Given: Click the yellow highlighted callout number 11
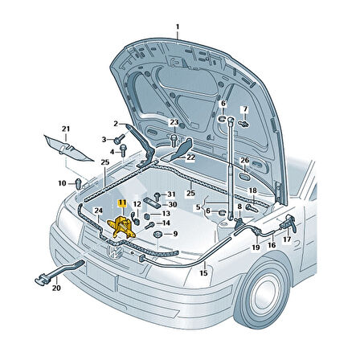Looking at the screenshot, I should [x=122, y=204].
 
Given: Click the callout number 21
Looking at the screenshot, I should [x=67, y=129].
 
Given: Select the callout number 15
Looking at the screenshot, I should [x=203, y=273].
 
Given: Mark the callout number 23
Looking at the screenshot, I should [x=174, y=122].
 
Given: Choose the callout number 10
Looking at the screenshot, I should [x=63, y=183].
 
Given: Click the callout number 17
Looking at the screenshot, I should [x=287, y=239].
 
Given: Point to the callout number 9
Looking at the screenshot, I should [x=176, y=233].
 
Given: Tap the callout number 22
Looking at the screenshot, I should [x=190, y=157].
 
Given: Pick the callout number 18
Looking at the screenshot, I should [x=252, y=190].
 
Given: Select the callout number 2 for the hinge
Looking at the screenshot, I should [x=115, y=123].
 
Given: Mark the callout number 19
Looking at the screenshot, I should [x=256, y=248].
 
